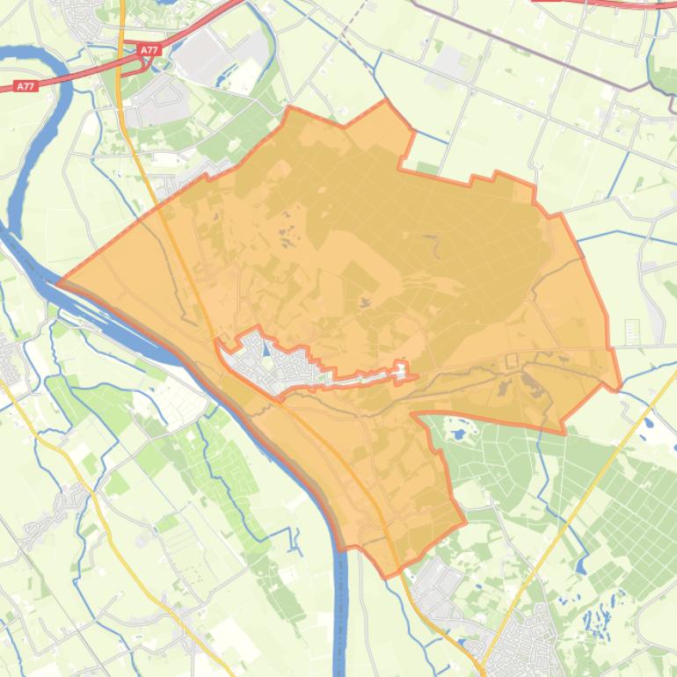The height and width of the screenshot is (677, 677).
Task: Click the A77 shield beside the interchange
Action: click(149, 51)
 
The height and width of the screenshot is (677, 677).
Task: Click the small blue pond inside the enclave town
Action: click(266, 351)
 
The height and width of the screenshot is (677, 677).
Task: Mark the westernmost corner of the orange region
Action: click(58, 283)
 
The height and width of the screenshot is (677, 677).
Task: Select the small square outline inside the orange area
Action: click(512, 360)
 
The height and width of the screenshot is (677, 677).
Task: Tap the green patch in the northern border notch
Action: click(427, 167)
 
